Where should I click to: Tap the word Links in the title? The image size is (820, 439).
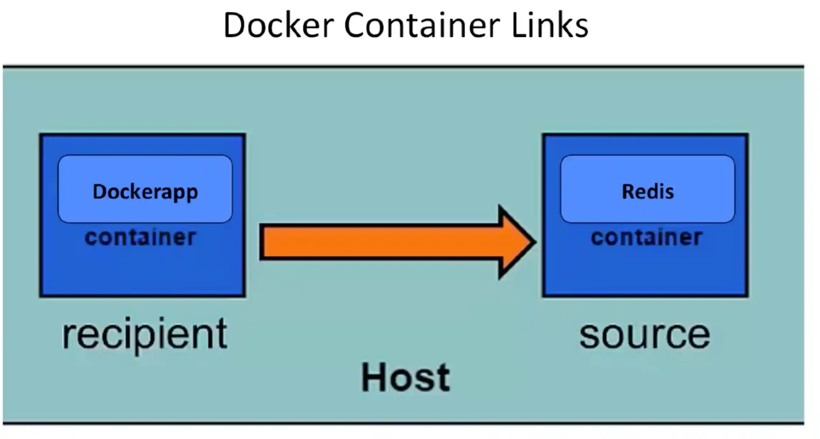click(550, 25)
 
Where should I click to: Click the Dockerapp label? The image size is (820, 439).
click(145, 192)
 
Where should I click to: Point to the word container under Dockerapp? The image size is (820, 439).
click(140, 237)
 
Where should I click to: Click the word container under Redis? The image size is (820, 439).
click(646, 237)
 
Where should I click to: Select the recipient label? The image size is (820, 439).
click(145, 334)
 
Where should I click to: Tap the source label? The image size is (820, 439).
click(645, 334)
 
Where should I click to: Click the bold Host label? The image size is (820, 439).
click(405, 377)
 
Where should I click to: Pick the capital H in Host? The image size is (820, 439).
click(374, 377)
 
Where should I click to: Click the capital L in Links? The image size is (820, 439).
click(518, 25)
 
